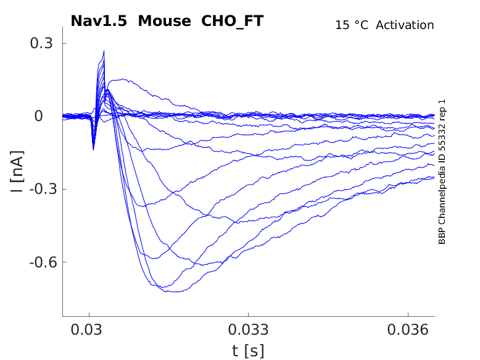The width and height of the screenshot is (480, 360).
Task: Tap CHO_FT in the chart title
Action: click(x=233, y=21)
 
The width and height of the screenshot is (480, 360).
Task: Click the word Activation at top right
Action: click(x=405, y=25)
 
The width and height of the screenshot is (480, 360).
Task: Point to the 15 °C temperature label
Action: click(x=352, y=25)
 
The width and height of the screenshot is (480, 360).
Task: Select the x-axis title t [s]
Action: click(x=248, y=351)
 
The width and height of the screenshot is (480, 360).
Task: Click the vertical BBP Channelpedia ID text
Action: click(x=442, y=172)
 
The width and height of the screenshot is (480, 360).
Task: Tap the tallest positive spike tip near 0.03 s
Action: click(x=104, y=51)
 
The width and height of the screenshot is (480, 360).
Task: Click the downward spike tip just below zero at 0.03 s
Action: click(x=93, y=149)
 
